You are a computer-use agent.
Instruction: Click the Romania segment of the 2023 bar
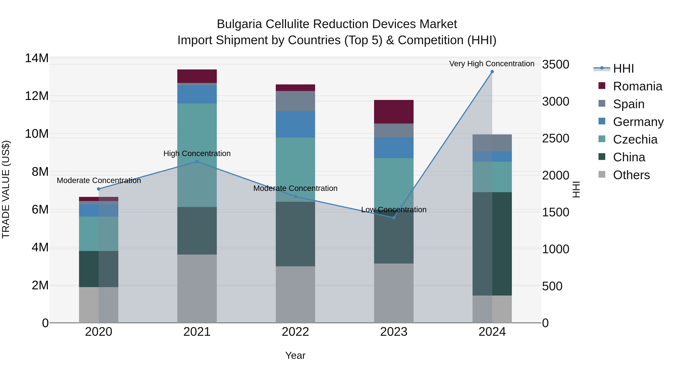(x=394, y=112)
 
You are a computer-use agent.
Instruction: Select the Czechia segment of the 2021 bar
(x=197, y=131)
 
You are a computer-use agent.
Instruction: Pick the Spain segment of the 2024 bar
(x=492, y=143)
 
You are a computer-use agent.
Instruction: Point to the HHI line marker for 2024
(x=492, y=72)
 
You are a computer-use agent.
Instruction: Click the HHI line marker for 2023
(x=394, y=218)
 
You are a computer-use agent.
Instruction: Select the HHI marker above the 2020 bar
(x=99, y=189)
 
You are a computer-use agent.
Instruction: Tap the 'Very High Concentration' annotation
(x=492, y=64)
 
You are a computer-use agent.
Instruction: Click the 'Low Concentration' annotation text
(x=394, y=209)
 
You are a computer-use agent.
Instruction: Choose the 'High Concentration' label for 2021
(x=197, y=153)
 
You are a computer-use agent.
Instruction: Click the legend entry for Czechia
(x=635, y=139)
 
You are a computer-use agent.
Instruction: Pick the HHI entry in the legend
(x=623, y=69)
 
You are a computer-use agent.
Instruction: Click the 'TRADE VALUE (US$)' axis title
(x=6, y=189)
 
